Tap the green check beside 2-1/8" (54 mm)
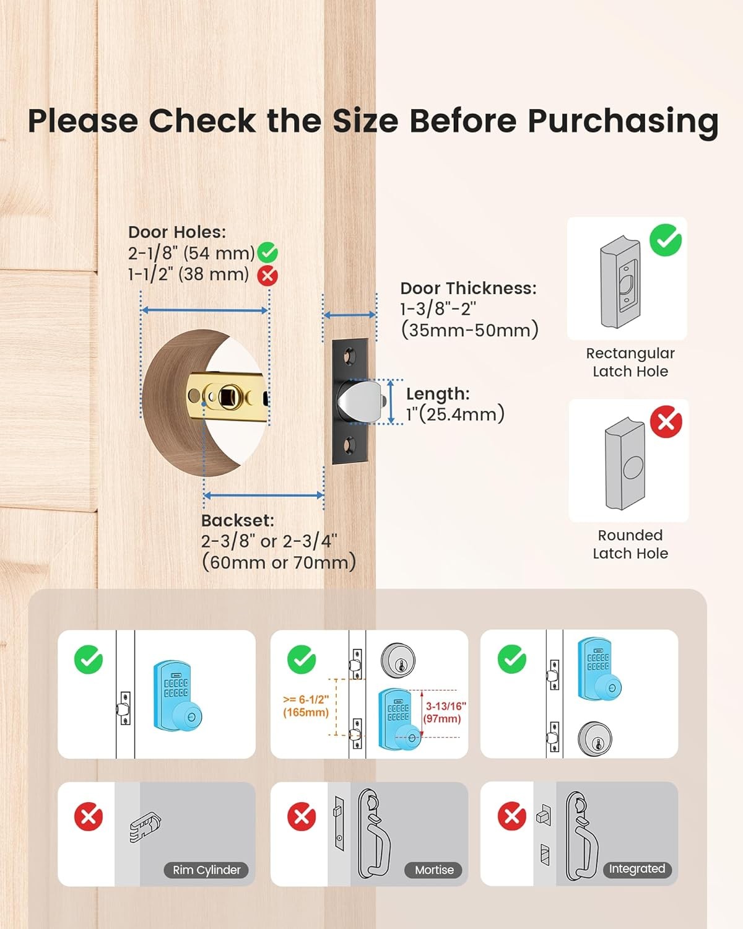tap(267, 253)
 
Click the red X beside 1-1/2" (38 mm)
tap(267, 276)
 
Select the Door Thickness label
tap(469, 289)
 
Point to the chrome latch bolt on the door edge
tap(359, 401)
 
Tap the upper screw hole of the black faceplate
tap(349, 357)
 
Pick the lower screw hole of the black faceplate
tap(349, 444)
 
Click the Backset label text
tap(237, 520)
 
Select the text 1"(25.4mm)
tap(455, 414)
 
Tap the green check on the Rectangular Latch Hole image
tap(666, 240)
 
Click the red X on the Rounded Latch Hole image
tap(666, 422)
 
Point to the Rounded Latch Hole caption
tap(630, 544)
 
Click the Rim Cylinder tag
tap(206, 870)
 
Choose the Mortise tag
tap(434, 870)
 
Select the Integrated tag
tap(637, 868)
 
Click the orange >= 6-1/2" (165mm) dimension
tap(306, 706)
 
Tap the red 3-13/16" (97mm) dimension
tap(445, 713)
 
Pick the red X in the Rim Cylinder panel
tap(89, 817)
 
